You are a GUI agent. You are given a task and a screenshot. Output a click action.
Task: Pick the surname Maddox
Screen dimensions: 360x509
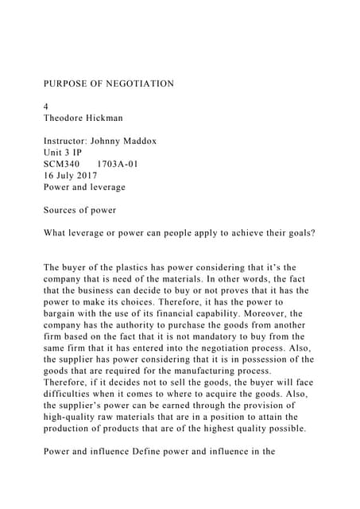click(137, 142)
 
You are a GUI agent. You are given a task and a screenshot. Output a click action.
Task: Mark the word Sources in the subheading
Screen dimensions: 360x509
click(61, 211)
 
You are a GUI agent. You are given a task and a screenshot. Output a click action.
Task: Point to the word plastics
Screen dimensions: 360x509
click(119, 269)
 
